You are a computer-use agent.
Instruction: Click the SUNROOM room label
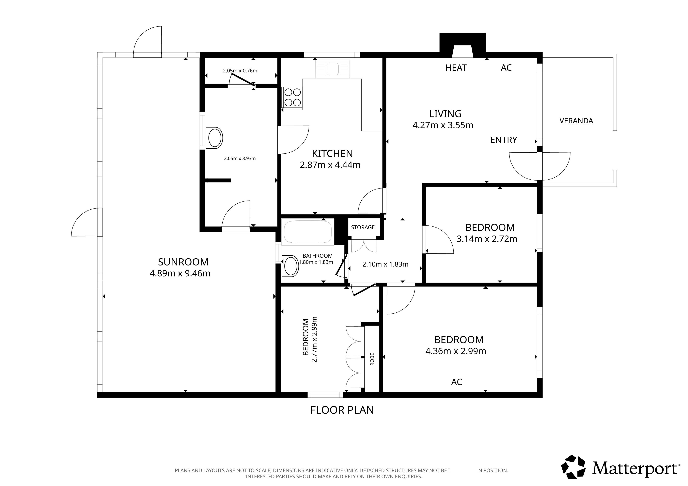click(183, 262)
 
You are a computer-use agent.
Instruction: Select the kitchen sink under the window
click(333, 69)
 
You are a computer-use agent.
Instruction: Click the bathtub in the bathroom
click(308, 232)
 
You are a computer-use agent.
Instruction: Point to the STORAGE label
click(363, 227)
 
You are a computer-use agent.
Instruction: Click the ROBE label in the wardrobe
click(372, 359)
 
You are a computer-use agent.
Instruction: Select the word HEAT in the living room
click(456, 68)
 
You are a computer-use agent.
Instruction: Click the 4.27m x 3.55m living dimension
click(443, 125)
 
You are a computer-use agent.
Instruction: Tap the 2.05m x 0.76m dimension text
click(240, 71)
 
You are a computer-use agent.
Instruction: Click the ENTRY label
click(504, 140)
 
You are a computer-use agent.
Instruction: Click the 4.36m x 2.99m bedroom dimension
click(456, 351)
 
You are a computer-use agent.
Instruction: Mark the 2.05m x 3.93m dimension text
click(240, 158)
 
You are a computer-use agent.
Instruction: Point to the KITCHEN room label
click(332, 154)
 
